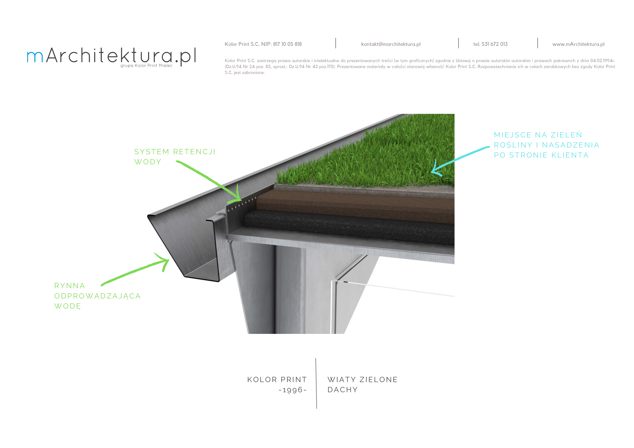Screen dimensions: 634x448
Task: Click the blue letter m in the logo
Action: tap(35, 57)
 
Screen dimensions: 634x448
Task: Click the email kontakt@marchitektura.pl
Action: tap(391, 44)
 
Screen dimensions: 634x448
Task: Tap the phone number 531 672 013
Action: tap(494, 44)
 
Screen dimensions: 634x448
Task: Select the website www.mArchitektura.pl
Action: tap(578, 44)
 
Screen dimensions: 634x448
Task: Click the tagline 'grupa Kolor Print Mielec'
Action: tap(146, 66)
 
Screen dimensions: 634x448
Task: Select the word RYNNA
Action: tap(70, 286)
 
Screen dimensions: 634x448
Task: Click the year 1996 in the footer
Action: tap(293, 390)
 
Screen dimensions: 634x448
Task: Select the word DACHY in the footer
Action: tap(343, 390)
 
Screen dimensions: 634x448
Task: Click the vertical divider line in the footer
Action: tap(316, 384)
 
